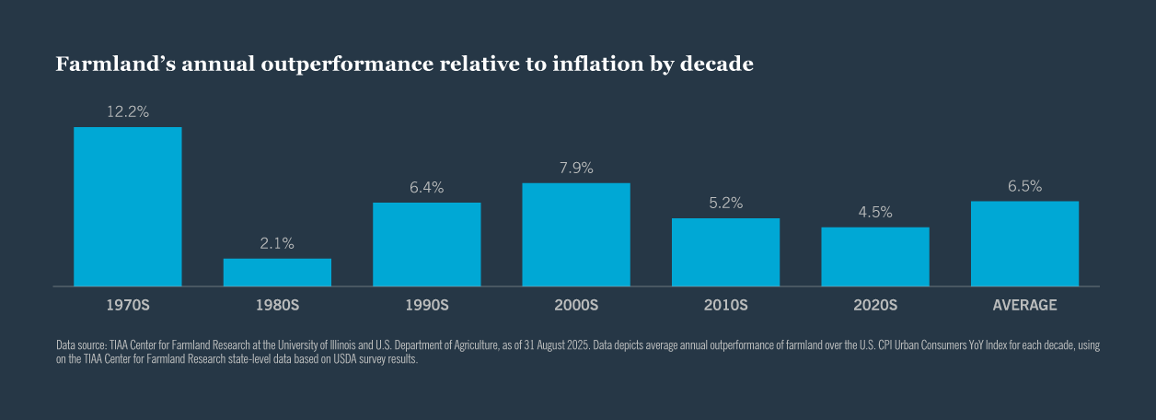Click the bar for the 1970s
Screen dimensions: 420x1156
click(127, 206)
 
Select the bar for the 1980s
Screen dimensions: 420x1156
click(277, 273)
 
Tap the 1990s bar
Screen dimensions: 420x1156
click(426, 244)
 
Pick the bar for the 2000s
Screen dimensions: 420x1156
click(576, 235)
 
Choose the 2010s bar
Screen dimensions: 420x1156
click(725, 252)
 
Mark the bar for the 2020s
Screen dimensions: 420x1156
click(875, 257)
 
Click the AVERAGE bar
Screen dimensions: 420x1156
click(1024, 243)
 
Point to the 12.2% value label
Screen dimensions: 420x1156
click(127, 111)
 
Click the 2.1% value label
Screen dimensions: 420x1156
click(277, 243)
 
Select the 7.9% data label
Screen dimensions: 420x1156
click(576, 168)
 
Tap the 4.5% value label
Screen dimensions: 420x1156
click(875, 212)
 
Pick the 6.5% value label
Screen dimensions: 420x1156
click(1024, 186)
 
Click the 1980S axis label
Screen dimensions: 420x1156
click(277, 305)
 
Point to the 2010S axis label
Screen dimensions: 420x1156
click(725, 305)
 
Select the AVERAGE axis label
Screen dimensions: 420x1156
click(1024, 305)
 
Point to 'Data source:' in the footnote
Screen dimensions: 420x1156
click(80, 345)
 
